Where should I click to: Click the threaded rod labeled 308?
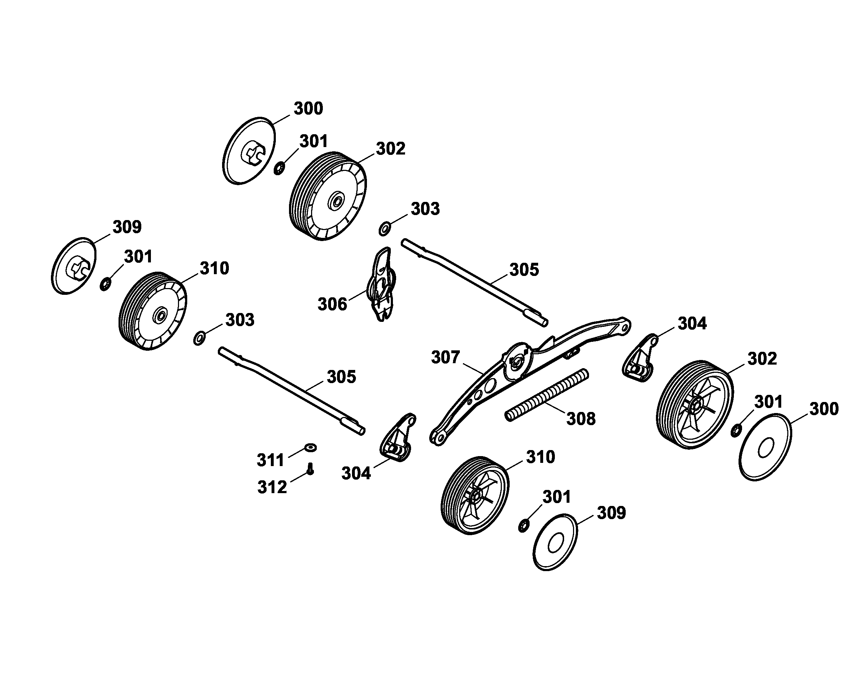pyautogui.click(x=547, y=396)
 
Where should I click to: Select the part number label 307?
pyautogui.click(x=445, y=357)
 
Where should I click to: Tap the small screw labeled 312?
pyautogui.click(x=310, y=469)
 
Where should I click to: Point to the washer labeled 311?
pyautogui.click(x=310, y=448)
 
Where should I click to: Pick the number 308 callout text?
pyautogui.click(x=581, y=419)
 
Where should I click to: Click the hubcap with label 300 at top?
pyautogui.click(x=249, y=152)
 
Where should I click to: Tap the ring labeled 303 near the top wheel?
pyautogui.click(x=384, y=229)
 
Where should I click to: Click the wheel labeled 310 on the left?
pyautogui.click(x=153, y=311)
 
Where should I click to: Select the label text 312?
pyautogui.click(x=272, y=487)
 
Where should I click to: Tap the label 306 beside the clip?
pyautogui.click(x=332, y=304)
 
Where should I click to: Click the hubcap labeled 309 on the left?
pyautogui.click(x=74, y=266)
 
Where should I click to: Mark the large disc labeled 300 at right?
pyautogui.click(x=765, y=447)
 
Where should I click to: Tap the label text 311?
pyautogui.click(x=270, y=460)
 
